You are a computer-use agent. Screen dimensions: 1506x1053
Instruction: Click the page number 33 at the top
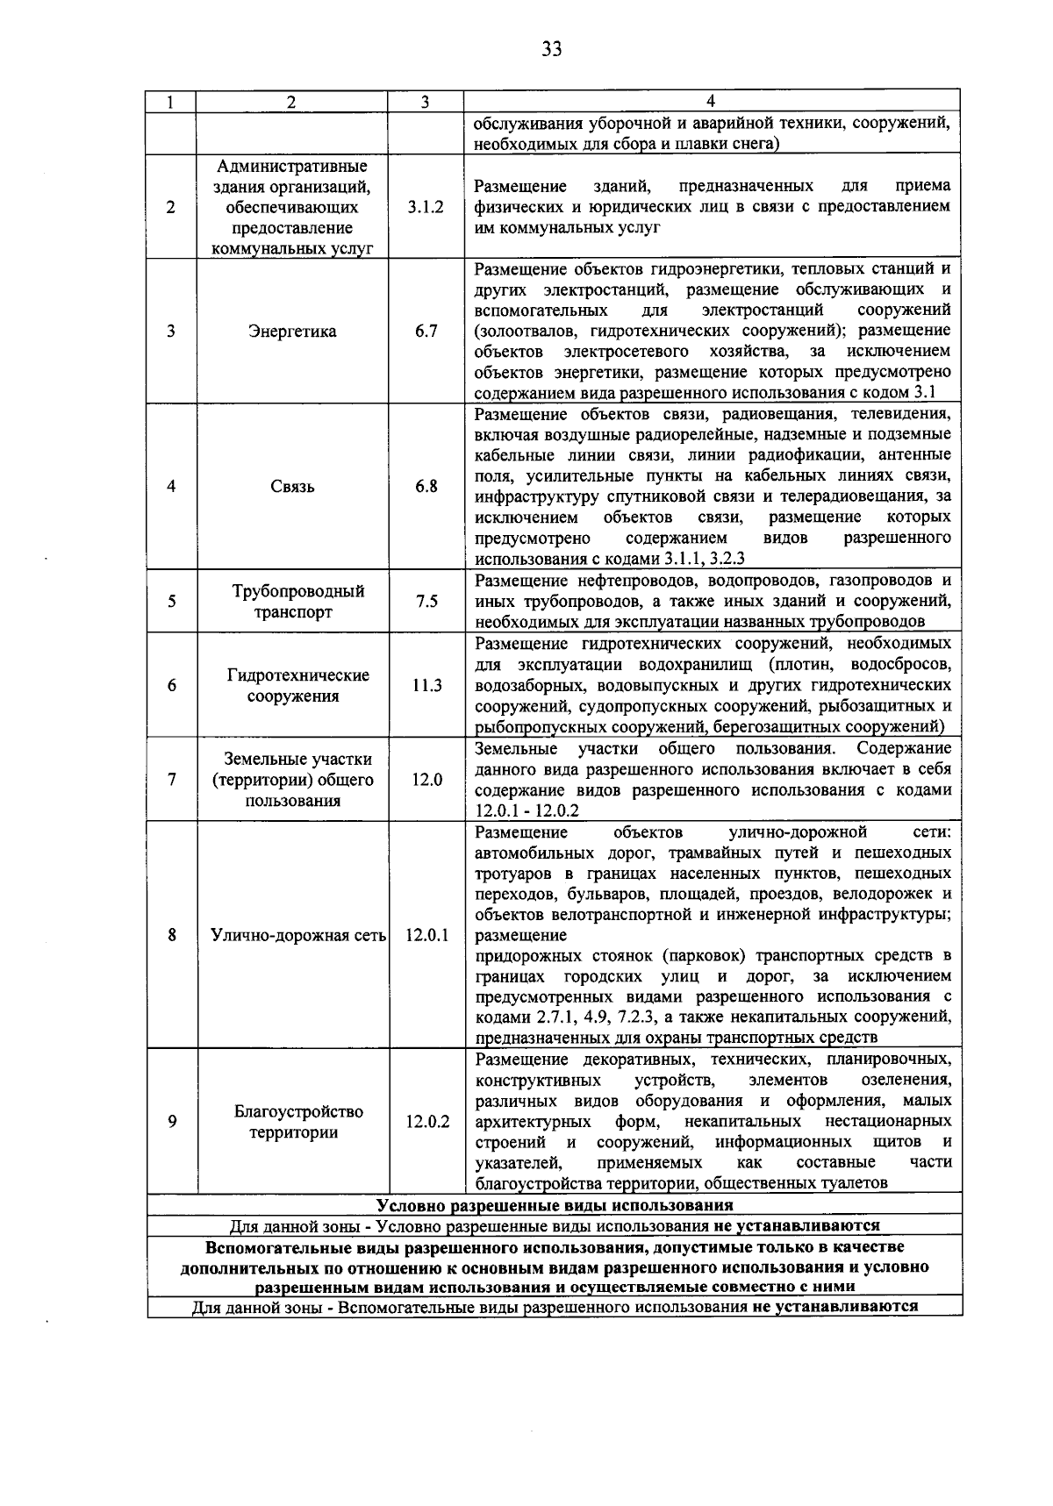click(x=551, y=49)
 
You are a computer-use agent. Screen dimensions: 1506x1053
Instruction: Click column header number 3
click(x=425, y=102)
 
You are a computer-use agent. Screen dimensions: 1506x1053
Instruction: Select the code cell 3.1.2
click(x=426, y=208)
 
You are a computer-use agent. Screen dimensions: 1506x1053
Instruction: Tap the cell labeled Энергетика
click(x=292, y=332)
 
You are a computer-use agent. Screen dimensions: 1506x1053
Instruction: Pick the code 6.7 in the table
click(x=426, y=332)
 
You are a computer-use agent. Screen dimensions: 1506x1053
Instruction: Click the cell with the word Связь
click(x=292, y=487)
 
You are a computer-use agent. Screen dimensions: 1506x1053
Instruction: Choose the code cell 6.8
click(x=426, y=487)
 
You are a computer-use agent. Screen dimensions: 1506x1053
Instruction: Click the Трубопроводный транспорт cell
click(x=292, y=602)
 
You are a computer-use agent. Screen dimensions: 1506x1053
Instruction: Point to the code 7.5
click(x=426, y=602)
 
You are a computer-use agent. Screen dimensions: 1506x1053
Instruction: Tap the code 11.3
click(x=426, y=686)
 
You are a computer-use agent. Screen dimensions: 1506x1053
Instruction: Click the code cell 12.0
click(x=426, y=780)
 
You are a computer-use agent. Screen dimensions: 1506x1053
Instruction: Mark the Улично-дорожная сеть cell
click(x=298, y=935)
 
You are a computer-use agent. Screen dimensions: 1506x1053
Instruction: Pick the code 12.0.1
click(x=426, y=935)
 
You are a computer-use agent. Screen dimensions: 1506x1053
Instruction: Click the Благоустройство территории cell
click(x=297, y=1122)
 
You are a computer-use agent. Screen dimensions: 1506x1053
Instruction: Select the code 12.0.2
click(x=426, y=1122)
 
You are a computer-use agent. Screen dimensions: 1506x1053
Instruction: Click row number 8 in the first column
click(x=172, y=935)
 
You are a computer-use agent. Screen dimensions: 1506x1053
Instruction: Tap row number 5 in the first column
click(x=172, y=602)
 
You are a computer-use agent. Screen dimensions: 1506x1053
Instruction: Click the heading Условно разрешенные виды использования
click(x=555, y=1205)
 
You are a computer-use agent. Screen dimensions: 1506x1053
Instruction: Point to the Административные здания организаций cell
click(x=292, y=208)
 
